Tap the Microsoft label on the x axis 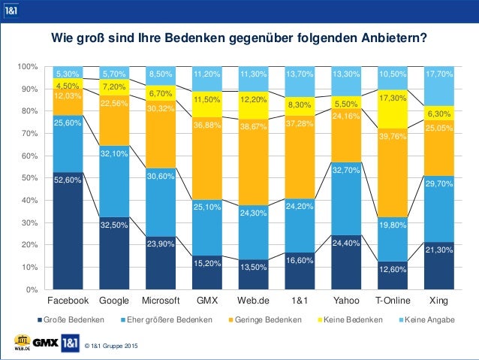pos(161,300)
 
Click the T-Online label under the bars pos(394,300)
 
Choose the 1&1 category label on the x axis pos(301,300)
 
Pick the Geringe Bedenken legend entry pos(270,319)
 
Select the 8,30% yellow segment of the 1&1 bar pos(301,104)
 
